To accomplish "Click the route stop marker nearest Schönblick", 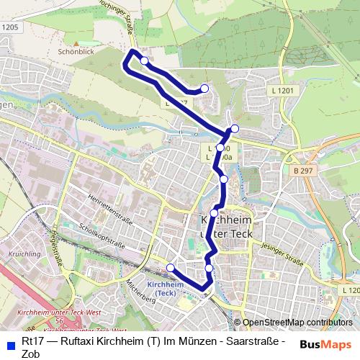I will click(144, 61).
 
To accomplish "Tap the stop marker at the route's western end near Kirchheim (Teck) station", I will click(171, 268).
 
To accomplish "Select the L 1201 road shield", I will click(284, 91).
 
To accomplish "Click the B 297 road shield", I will click(303, 171).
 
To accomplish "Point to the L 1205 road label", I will click(9, 27).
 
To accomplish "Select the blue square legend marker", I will click(9, 342).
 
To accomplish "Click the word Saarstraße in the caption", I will click(261, 341).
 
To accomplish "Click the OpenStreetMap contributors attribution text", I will click(297, 323).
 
